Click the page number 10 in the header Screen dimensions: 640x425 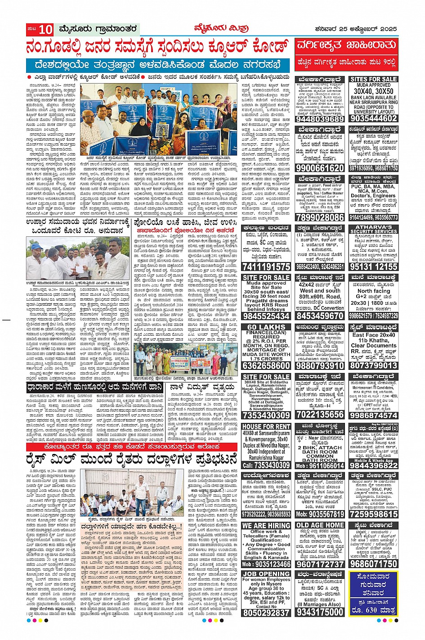tap(46, 30)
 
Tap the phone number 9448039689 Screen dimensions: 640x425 tap(320, 119)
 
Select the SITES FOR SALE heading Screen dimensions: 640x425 tap(373, 79)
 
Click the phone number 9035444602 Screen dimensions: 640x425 tap(373, 119)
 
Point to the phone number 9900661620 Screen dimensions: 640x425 tap(320, 168)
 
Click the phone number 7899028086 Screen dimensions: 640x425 tap(320, 217)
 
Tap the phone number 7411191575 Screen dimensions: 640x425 tap(266, 267)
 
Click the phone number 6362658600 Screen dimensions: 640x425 tap(266, 365)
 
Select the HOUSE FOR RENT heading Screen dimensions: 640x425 tap(266, 426)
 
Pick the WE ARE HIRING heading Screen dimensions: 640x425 tap(266, 525)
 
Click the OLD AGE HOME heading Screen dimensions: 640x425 tap(320, 525)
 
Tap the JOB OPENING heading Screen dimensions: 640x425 tap(266, 573)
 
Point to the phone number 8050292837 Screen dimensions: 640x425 tap(266, 612)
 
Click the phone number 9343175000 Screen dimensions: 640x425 tap(320, 612)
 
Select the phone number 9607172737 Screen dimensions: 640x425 tap(320, 564)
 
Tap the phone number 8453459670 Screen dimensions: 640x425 tap(320, 316)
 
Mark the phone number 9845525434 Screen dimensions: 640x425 tap(266, 316)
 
